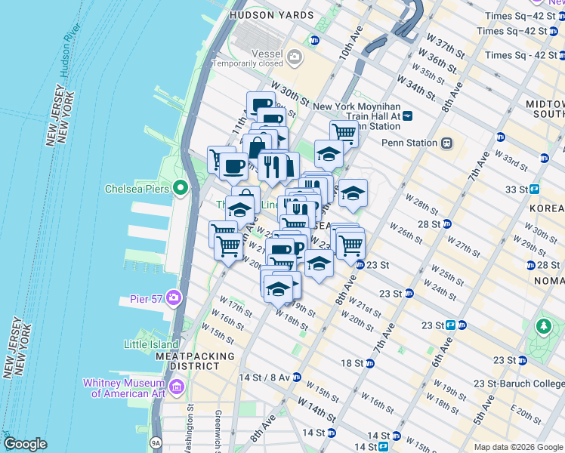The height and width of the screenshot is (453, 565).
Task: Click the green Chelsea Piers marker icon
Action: coord(181,187)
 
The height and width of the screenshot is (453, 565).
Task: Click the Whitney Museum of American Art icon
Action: coord(177,387)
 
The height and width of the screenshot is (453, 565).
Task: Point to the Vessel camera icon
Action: coord(293,55)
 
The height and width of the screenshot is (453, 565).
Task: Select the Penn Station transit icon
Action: coord(447,143)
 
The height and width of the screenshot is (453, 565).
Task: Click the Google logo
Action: coord(25,444)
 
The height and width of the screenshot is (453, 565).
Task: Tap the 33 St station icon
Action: coord(534,189)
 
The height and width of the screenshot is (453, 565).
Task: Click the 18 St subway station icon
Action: coord(369,363)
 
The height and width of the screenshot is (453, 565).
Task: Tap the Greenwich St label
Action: coord(218,427)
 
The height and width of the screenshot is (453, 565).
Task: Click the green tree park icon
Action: coord(542,326)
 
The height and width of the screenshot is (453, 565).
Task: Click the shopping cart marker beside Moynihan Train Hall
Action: coord(344,134)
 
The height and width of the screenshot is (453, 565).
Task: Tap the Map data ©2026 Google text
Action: coord(518,447)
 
